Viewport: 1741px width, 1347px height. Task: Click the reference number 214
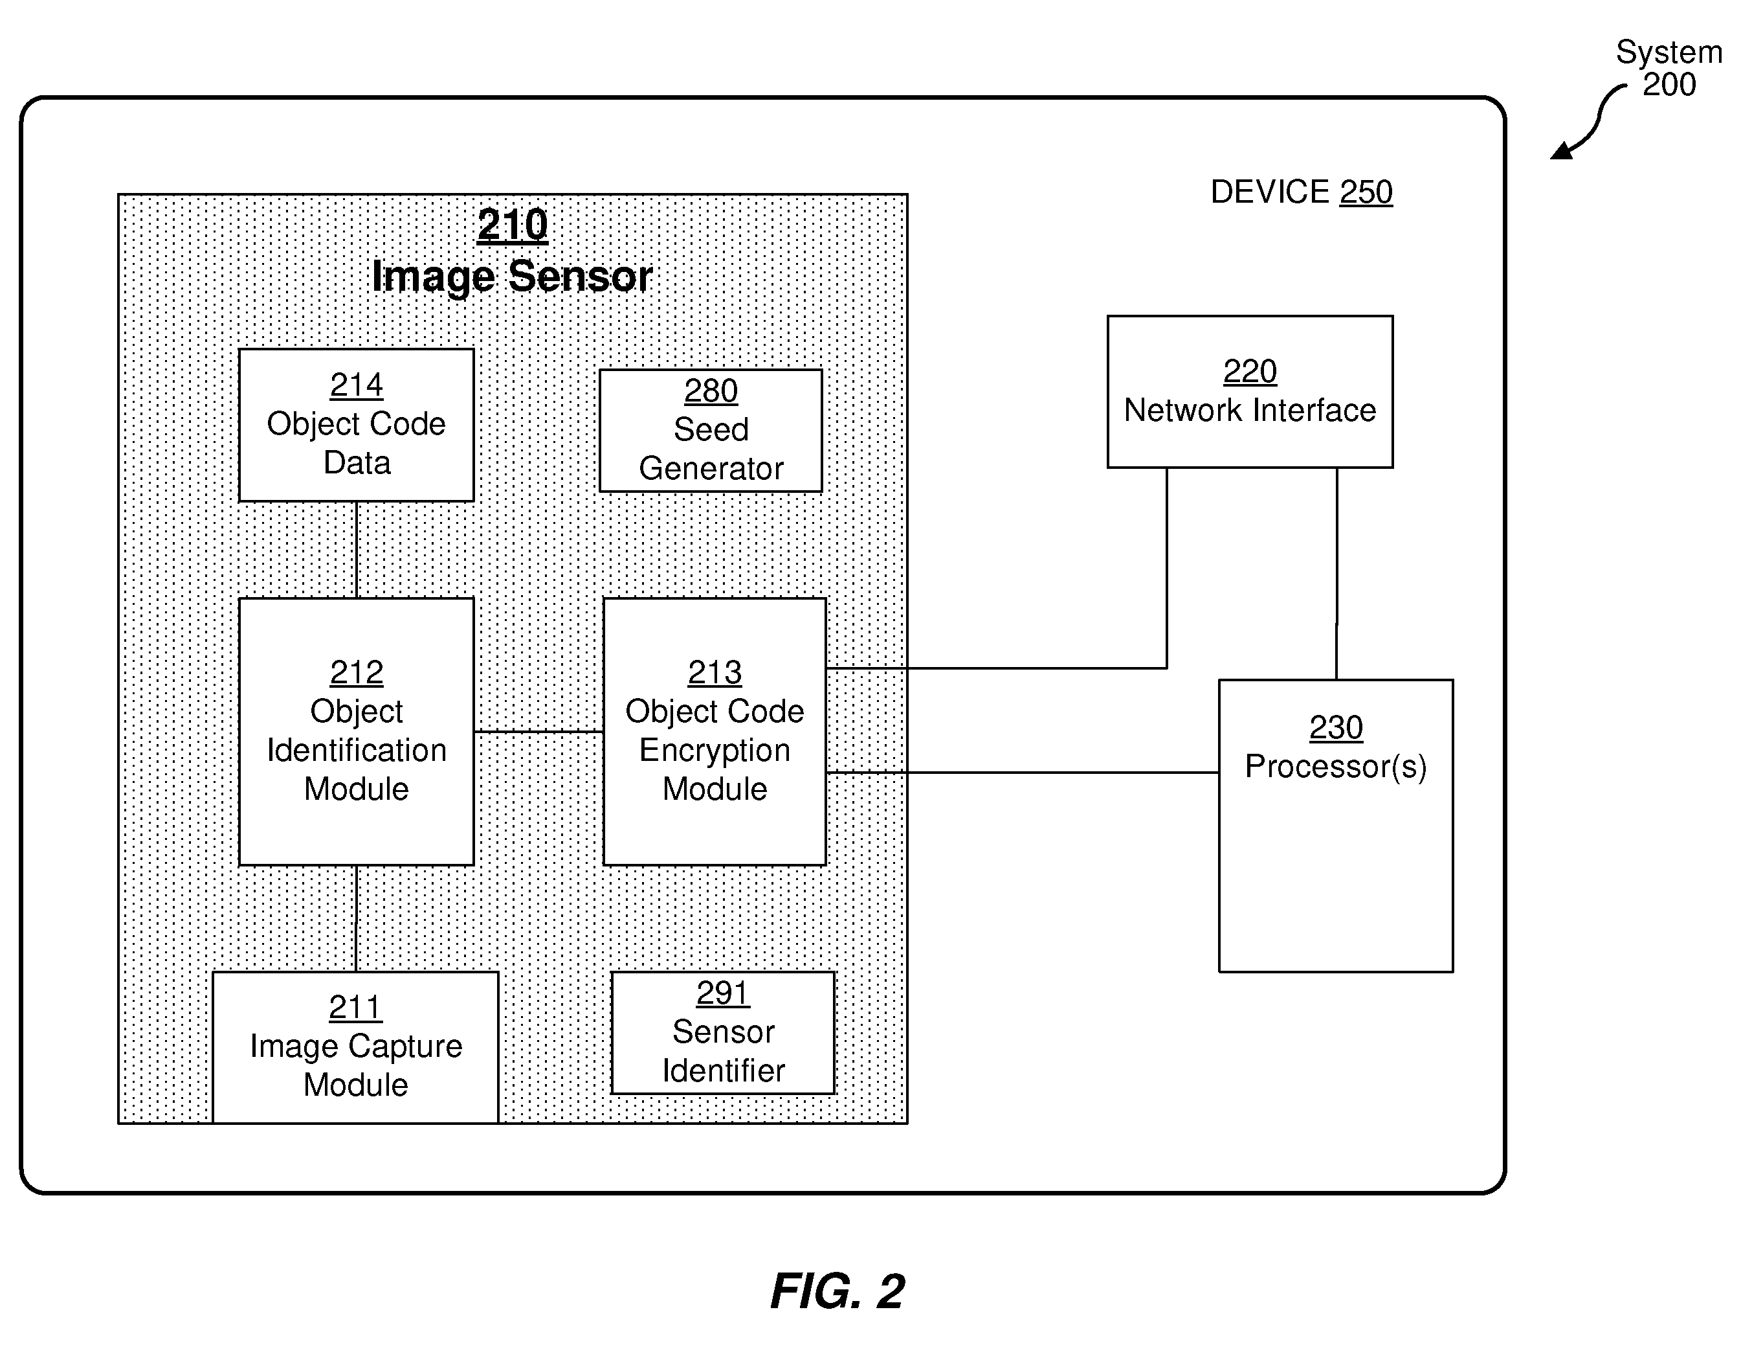pos(357,385)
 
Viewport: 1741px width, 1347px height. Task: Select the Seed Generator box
pos(710,431)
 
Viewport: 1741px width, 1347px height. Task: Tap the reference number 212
pos(357,672)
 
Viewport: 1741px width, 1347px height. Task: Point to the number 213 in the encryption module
pos(715,672)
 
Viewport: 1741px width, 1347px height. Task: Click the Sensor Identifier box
pos(723,1033)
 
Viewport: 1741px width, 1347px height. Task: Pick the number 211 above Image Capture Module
pos(355,1007)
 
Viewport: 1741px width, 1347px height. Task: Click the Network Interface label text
pos(1250,410)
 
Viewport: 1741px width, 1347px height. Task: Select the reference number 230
pos(1336,727)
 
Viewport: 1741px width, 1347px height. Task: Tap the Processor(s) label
pos(1336,766)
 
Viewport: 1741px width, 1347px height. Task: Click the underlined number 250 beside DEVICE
pos(1366,192)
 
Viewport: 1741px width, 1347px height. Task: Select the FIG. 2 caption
pos(837,1291)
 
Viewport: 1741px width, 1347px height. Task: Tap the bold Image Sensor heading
pos(512,277)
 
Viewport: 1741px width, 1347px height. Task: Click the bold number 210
pos(513,225)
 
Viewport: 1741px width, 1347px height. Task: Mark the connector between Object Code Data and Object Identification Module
pos(357,550)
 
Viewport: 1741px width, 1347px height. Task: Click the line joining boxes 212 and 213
pos(539,731)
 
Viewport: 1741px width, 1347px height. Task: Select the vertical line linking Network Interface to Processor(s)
pos(1337,573)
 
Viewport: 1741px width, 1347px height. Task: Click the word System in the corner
pos(1669,52)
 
